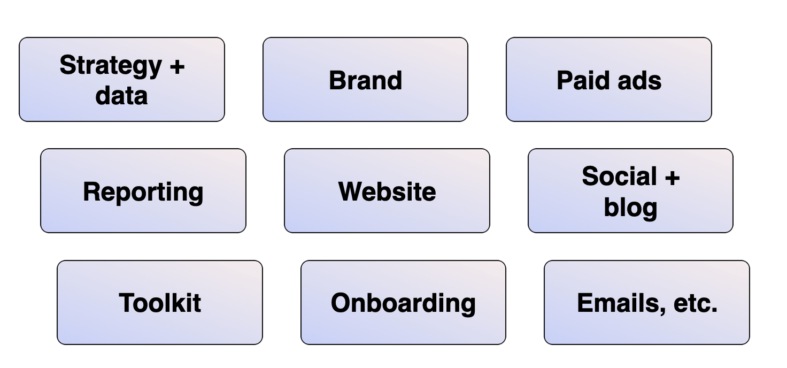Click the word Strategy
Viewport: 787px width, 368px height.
point(110,66)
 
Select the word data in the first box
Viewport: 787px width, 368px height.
point(121,95)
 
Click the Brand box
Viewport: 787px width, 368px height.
point(365,80)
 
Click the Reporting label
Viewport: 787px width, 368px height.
point(143,191)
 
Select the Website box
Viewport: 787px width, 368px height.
point(387,191)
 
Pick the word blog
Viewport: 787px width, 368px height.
point(630,208)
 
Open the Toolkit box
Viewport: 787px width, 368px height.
point(160,303)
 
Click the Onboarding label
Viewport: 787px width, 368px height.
point(403,303)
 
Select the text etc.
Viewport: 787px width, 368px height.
point(695,303)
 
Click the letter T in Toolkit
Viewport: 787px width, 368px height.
point(126,303)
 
